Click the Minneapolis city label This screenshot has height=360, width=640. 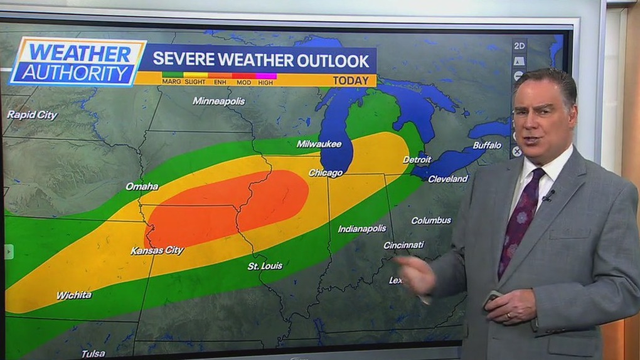click(219, 101)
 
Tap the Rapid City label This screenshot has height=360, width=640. click(32, 115)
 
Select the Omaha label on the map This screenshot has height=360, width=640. click(142, 186)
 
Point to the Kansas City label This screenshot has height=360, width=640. click(157, 250)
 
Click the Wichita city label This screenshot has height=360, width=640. click(73, 295)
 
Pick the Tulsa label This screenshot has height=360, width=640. click(93, 354)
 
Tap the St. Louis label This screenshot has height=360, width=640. click(265, 266)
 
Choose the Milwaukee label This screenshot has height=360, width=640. click(319, 144)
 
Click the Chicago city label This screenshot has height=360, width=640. click(325, 172)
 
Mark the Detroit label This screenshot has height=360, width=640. click(417, 160)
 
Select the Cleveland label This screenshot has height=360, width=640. click(447, 179)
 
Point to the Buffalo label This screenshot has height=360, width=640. click(487, 146)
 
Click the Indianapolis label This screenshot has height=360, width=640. click(362, 229)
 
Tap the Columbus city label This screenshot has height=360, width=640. click(431, 220)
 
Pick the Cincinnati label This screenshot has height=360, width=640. click(403, 245)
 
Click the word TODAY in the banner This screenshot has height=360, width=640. click(351, 80)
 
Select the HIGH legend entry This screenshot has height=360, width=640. click(265, 82)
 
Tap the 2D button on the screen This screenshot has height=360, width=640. click(519, 46)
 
